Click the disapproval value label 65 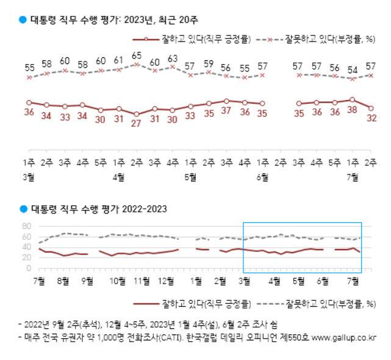137,56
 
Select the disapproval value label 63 173,59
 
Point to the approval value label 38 353,113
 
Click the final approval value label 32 370,118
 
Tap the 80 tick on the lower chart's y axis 27,226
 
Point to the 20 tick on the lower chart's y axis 27,258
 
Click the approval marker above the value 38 352,99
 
